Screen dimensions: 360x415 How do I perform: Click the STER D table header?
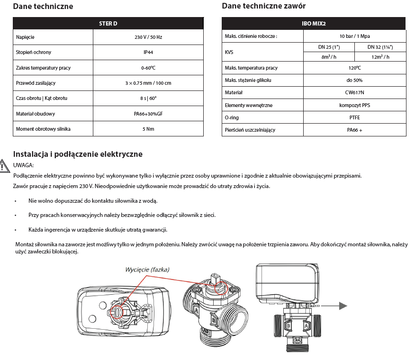[x=108, y=23]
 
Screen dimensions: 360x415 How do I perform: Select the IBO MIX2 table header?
[x=314, y=23]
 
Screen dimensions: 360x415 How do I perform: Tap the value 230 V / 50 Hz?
[x=149, y=37]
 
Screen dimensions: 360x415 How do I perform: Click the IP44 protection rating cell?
[x=149, y=52]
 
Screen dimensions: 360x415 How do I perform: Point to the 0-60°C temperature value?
[x=149, y=68]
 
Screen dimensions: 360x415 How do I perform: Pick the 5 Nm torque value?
[x=149, y=129]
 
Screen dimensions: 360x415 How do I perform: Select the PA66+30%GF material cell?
[x=149, y=113]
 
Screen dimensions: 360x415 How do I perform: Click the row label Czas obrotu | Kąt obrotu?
[x=42, y=98]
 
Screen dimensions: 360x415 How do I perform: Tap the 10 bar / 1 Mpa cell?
[x=354, y=36]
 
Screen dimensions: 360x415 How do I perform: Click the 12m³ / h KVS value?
[x=380, y=57]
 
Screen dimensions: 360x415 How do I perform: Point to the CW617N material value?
[x=354, y=93]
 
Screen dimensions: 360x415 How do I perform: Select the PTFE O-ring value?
[x=354, y=117]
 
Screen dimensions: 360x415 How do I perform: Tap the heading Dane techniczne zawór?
[x=263, y=6]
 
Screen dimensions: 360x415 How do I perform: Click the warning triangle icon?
[x=4, y=167]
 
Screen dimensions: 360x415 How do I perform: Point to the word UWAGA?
[x=24, y=165]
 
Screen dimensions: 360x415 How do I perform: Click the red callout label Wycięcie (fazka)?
[x=147, y=269]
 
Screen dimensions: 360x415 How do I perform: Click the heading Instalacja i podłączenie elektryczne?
[x=78, y=154]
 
